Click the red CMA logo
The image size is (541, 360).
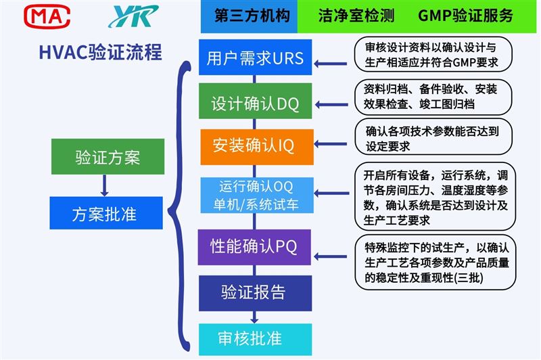(x=47, y=16)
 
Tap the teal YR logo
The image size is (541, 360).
(x=133, y=16)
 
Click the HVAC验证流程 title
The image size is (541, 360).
(x=100, y=53)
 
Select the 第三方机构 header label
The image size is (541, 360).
(x=252, y=16)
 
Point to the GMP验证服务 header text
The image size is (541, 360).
(x=465, y=16)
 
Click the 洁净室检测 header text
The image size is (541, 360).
(x=356, y=16)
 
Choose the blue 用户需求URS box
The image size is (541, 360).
(x=256, y=58)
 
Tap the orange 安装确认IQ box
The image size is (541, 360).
(x=257, y=147)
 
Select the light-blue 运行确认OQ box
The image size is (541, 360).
(x=257, y=196)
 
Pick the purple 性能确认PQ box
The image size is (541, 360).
(x=254, y=247)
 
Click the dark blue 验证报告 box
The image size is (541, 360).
(x=256, y=294)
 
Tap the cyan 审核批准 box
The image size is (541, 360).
(x=256, y=339)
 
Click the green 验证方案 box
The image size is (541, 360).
(x=108, y=157)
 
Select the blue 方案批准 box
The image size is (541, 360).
(x=106, y=213)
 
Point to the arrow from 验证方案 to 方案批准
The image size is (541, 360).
(x=105, y=185)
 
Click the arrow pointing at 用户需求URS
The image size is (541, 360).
(x=331, y=64)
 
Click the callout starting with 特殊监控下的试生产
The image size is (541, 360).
(x=435, y=263)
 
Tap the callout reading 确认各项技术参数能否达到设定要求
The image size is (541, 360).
(x=433, y=137)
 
